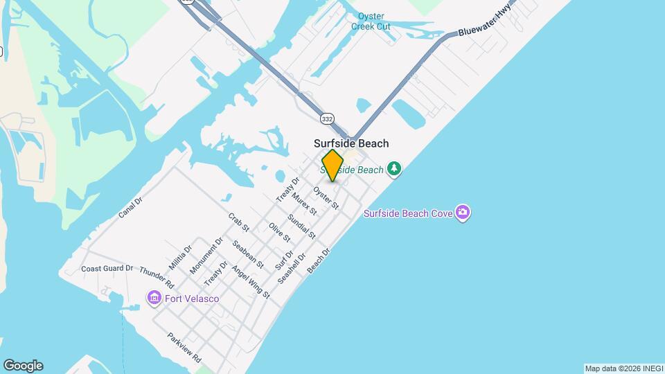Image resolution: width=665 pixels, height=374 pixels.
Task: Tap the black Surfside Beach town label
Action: click(351, 143)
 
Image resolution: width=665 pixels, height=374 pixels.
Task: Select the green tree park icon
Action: click(394, 169)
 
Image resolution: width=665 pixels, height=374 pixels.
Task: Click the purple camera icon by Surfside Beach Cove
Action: click(463, 213)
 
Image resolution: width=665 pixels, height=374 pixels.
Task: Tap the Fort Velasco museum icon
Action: click(154, 298)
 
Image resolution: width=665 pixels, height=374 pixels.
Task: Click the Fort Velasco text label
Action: click(192, 299)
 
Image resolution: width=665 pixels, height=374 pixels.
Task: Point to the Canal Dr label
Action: click(130, 207)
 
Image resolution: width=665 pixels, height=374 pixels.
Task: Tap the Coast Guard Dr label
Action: click(107, 269)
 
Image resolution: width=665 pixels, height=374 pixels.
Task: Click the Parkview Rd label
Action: click(184, 348)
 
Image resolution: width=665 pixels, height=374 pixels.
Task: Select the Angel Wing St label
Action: click(251, 282)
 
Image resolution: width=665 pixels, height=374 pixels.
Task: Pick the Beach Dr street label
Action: click(319, 260)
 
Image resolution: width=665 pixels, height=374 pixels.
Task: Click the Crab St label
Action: click(238, 222)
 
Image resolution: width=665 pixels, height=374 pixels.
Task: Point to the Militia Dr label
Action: click(180, 257)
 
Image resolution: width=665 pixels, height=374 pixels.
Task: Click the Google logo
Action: click(23, 366)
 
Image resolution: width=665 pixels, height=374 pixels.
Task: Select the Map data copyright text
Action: click(623, 368)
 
